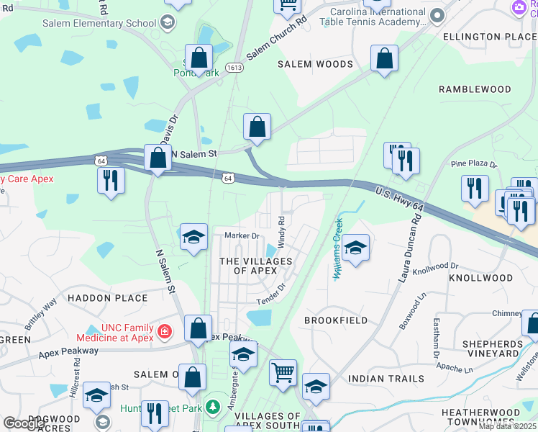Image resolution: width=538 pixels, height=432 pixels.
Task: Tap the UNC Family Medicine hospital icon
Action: click(x=165, y=332)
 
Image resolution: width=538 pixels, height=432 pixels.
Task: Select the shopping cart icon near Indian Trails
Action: click(x=283, y=373)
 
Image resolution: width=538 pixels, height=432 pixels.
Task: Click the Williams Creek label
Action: click(x=337, y=249)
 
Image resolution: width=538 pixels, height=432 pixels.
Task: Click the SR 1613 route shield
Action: click(x=234, y=68)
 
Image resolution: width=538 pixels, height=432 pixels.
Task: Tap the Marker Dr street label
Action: click(x=242, y=235)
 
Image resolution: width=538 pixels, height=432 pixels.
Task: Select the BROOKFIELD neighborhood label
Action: click(x=336, y=320)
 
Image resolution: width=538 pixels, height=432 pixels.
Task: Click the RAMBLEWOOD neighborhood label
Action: click(x=475, y=89)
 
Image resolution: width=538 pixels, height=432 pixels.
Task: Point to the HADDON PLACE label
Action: click(x=108, y=297)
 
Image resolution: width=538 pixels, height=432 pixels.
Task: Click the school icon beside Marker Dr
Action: click(x=193, y=238)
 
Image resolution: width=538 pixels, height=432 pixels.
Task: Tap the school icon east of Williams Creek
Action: click(x=355, y=249)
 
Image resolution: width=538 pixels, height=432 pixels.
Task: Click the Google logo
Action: click(x=24, y=423)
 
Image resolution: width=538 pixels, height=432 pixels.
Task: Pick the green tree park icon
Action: click(x=212, y=408)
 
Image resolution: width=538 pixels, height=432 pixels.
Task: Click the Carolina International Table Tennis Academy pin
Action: click(x=436, y=15)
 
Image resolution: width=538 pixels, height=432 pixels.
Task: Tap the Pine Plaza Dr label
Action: click(x=473, y=164)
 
